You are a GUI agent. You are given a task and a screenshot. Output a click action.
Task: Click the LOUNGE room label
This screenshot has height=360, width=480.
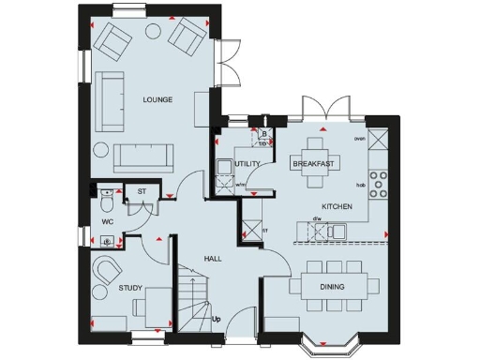pyautogui.click(x=157, y=99)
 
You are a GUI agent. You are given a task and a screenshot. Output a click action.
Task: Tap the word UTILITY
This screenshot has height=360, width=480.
pyautogui.click(x=247, y=164)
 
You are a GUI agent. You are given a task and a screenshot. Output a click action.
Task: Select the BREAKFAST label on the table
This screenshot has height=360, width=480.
pyautogui.click(x=314, y=164)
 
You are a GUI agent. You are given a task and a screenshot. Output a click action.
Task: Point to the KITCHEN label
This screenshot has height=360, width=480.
pyautogui.click(x=337, y=205)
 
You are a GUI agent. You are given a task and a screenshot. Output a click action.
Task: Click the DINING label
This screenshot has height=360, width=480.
pyautogui.click(x=332, y=286)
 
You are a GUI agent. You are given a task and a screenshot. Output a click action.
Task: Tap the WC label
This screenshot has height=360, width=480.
pyautogui.click(x=108, y=221)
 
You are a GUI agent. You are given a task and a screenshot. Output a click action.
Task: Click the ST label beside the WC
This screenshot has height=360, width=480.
pyautogui.click(x=142, y=193)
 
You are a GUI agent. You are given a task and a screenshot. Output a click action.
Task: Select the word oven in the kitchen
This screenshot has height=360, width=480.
pyautogui.click(x=359, y=139)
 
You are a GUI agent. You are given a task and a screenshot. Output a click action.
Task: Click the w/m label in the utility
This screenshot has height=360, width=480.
pyautogui.click(x=241, y=185)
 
